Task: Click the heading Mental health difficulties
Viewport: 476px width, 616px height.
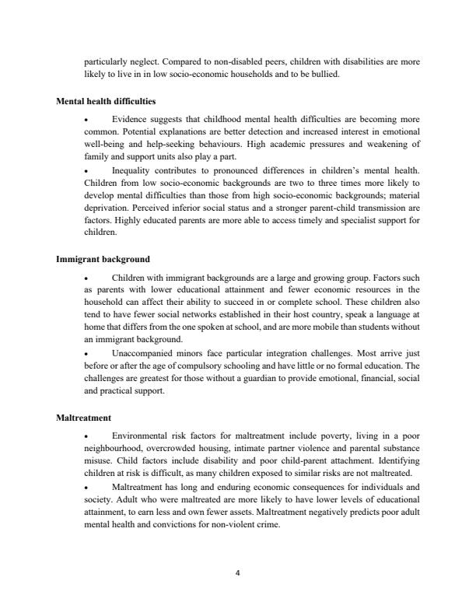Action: pos(106,100)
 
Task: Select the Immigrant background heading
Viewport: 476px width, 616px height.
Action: pos(103,258)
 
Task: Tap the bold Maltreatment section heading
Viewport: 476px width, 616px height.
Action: pos(82,418)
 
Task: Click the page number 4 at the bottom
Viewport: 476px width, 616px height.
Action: pos(238,574)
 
